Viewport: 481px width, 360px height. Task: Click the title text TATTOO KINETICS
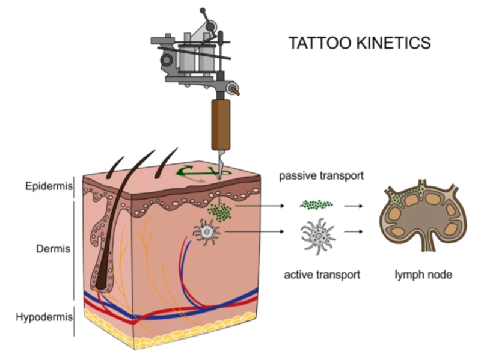point(359,43)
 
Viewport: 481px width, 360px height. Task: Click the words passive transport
point(322,177)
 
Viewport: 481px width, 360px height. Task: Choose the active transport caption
point(322,275)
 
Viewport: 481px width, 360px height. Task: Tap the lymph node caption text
point(423,275)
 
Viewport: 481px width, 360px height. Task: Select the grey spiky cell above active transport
point(317,234)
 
